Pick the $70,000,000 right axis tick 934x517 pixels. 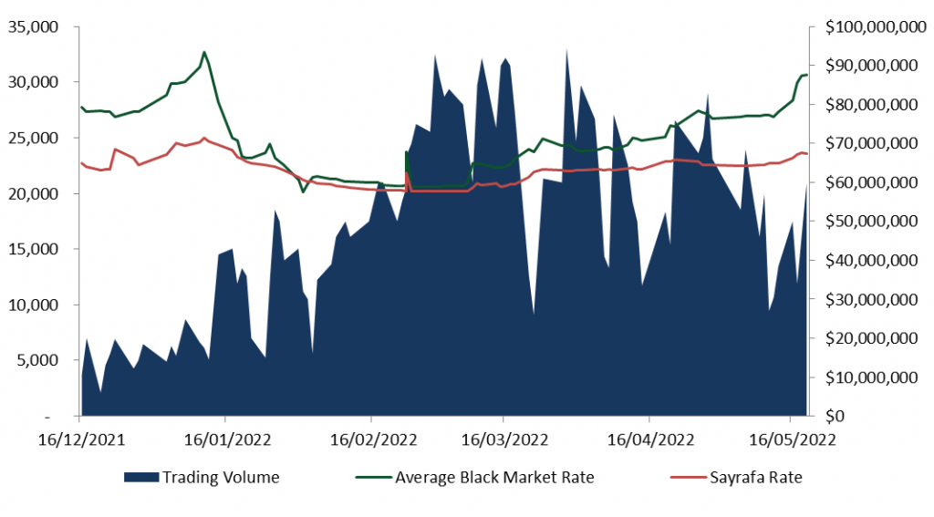[x=872, y=144]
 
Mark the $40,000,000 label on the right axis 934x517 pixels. [x=872, y=261]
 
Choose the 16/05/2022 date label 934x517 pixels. [x=790, y=439]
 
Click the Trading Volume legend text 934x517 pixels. [x=221, y=477]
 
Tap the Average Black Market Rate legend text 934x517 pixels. [x=493, y=477]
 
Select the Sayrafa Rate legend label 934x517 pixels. [x=756, y=477]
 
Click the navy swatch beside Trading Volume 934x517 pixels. [x=140, y=477]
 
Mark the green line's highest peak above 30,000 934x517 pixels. [x=204, y=52]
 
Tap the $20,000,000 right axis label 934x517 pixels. [x=872, y=338]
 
